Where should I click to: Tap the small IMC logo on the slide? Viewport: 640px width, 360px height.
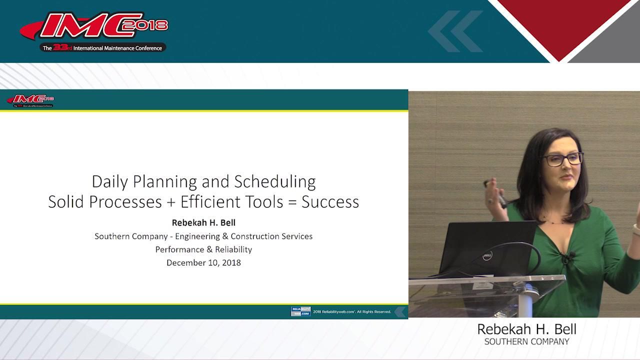pyautogui.click(x=30, y=100)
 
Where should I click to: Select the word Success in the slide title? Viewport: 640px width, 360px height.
pyautogui.click(x=330, y=201)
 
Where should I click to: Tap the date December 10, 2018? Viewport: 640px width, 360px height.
pyautogui.click(x=203, y=262)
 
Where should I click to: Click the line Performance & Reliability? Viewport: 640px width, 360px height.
pyautogui.click(x=203, y=249)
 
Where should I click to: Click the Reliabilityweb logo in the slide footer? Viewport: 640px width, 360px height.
pyautogui.click(x=300, y=311)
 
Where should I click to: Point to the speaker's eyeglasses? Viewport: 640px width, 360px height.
pyautogui.click(x=563, y=159)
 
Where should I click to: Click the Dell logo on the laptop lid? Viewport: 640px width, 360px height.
pyautogui.click(x=487, y=256)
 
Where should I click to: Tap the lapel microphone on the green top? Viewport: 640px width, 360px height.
pyautogui.click(x=565, y=258)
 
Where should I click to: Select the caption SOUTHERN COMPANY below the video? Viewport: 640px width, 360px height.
pyautogui.click(x=526, y=342)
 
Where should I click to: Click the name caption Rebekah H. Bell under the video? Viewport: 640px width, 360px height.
pyautogui.click(x=526, y=329)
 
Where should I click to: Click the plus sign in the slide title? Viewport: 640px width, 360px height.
pyautogui.click(x=171, y=202)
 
